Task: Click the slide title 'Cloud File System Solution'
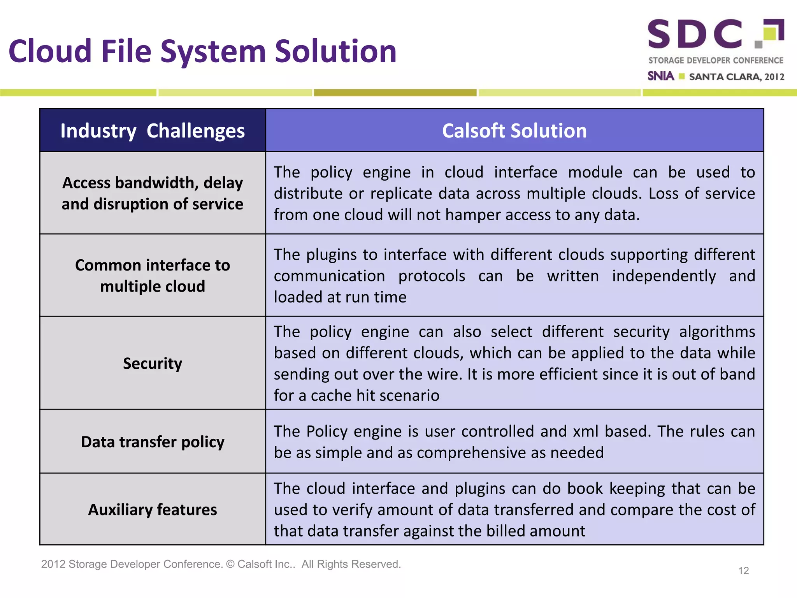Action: [202, 51]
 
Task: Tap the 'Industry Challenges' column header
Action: [153, 131]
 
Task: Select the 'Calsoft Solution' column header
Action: [514, 131]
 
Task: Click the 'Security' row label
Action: [153, 363]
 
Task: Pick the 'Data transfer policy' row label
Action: [153, 442]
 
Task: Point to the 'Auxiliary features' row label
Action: [153, 510]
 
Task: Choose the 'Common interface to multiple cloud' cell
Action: [153, 276]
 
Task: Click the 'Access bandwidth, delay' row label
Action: [153, 183]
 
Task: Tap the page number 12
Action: [743, 571]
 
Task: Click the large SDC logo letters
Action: [695, 34]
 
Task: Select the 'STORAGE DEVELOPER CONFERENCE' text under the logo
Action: [716, 60]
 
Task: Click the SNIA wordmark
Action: [661, 76]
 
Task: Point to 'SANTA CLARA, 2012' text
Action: [736, 77]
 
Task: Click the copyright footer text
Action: [221, 564]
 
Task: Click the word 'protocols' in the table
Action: [432, 276]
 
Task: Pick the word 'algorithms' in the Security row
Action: [717, 332]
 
